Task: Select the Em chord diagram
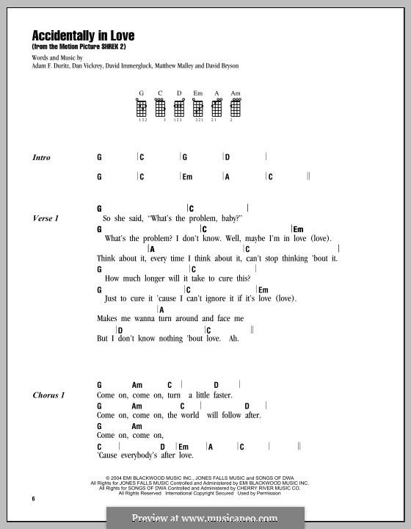tap(197, 109)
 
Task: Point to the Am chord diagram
tap(235, 109)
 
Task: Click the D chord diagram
tap(179, 109)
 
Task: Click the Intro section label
tap(43, 157)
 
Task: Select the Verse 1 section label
tap(46, 218)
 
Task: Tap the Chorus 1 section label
tap(49, 395)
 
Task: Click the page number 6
tap(34, 499)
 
